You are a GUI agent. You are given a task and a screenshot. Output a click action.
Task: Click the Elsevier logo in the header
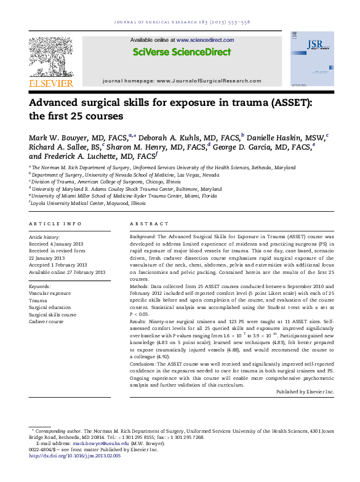52,61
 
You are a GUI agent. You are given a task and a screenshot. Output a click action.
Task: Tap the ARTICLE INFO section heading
55,224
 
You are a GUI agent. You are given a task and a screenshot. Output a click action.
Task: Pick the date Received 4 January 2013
58,244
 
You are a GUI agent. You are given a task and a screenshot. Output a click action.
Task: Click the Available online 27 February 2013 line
67,271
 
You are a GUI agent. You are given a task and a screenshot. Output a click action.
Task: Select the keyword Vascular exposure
50,293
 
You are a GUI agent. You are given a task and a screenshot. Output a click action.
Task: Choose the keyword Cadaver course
46,321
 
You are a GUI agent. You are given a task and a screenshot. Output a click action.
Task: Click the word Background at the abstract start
143,236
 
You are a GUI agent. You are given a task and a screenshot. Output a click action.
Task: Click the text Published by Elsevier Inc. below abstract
305,392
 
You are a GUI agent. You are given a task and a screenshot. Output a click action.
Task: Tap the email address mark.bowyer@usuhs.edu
101,443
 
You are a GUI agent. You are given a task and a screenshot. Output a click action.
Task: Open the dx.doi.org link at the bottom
75,456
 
